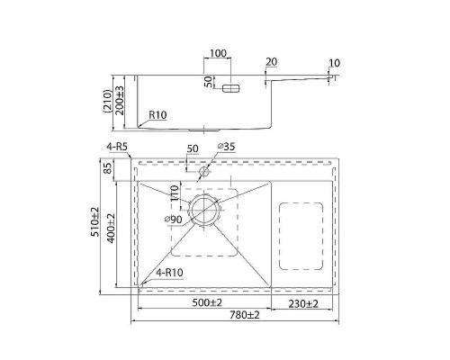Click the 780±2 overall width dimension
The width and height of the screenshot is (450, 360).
(x=245, y=315)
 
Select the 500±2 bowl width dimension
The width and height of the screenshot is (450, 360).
(x=207, y=302)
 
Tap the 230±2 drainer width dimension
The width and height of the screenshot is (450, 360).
(x=303, y=304)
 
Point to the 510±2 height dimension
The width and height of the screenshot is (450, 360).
(x=95, y=221)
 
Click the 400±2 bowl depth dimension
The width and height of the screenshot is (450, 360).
(x=111, y=229)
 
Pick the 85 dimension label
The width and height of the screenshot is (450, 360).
(x=107, y=167)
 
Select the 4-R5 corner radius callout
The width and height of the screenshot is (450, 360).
(x=117, y=147)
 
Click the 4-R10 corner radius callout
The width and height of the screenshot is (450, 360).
(x=169, y=273)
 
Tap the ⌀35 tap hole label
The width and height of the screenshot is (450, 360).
(x=227, y=147)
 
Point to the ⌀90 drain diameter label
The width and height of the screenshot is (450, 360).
(x=173, y=220)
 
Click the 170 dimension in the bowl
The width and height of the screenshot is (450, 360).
(x=175, y=193)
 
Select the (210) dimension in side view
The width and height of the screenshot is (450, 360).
(x=107, y=101)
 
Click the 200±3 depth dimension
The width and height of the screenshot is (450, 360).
(x=120, y=101)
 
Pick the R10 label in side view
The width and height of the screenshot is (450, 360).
(x=157, y=115)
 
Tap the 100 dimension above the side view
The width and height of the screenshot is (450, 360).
(x=218, y=53)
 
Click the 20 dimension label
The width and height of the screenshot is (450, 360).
(x=272, y=62)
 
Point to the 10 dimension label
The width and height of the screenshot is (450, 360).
(x=335, y=63)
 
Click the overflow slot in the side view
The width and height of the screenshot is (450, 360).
(x=231, y=88)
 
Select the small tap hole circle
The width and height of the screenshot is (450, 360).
(x=204, y=172)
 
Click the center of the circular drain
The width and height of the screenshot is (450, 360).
(x=204, y=210)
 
